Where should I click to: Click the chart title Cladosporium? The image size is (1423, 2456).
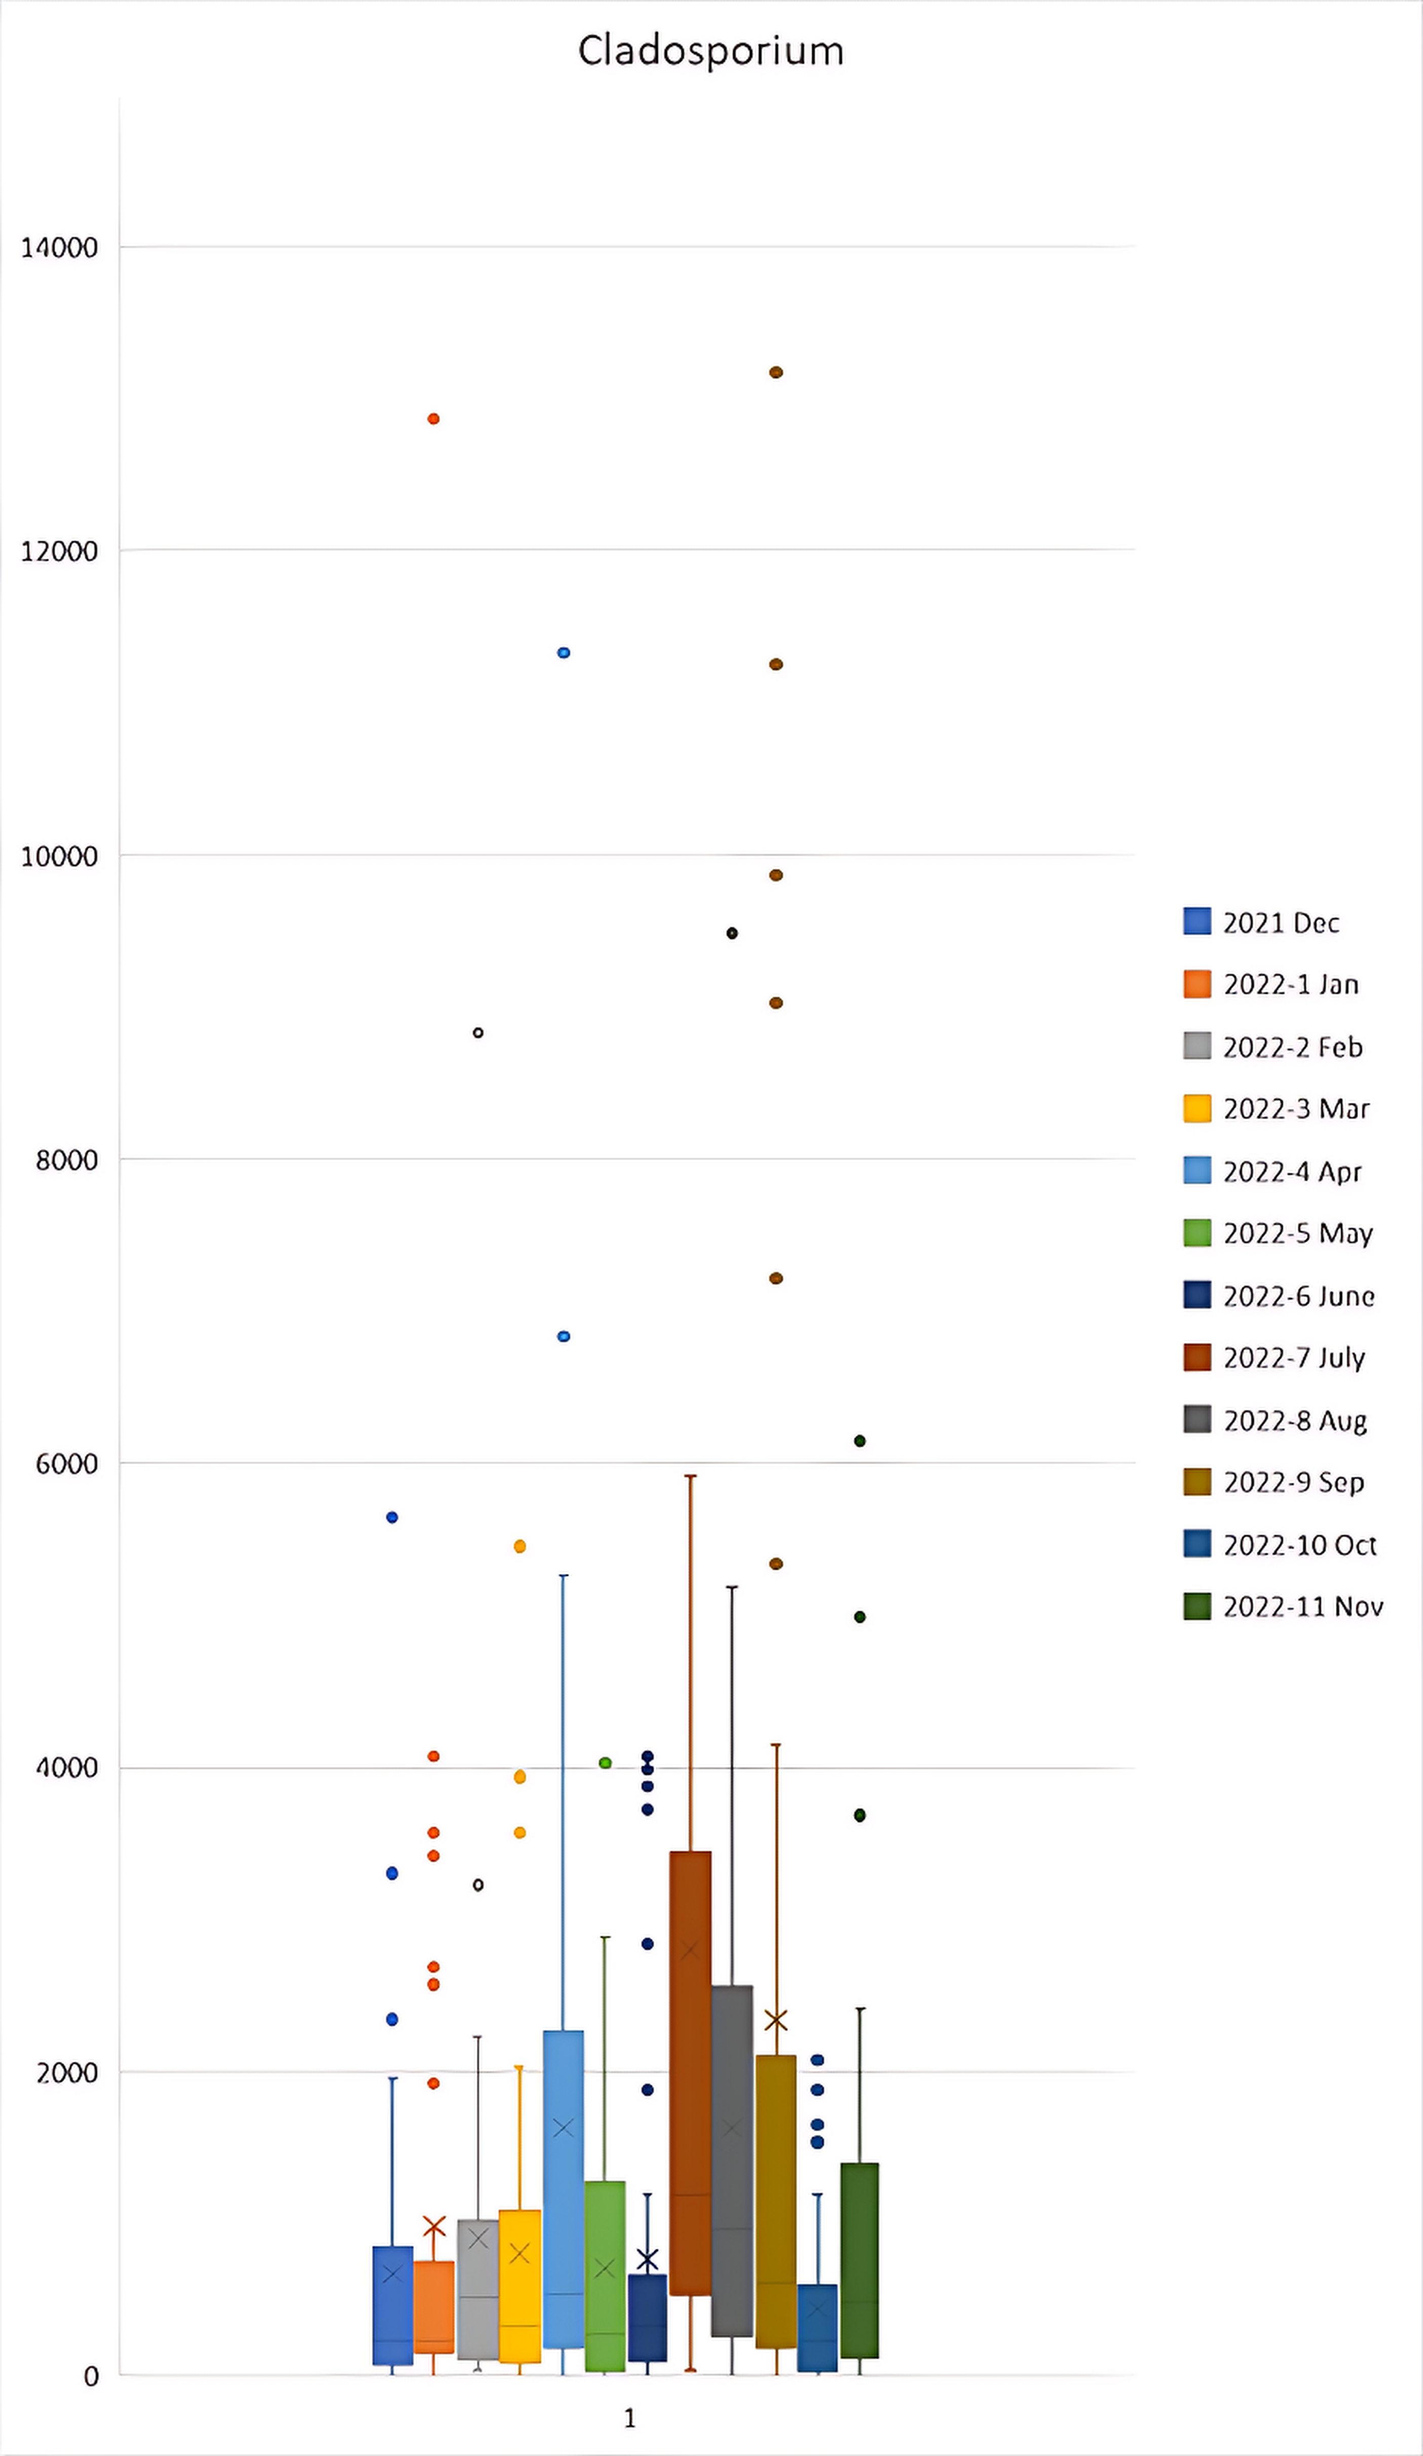710,51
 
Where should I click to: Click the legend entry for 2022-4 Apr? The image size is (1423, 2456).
1291,1171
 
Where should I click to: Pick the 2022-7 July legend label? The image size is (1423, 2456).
1293,1358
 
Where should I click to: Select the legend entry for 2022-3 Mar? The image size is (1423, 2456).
1295,1109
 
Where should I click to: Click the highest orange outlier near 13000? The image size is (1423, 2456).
434,419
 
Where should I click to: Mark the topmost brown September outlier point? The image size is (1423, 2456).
776,372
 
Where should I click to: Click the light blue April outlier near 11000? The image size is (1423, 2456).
564,653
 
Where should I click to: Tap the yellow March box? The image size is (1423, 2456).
519,2290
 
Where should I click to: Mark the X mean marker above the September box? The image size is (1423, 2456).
776,2020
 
